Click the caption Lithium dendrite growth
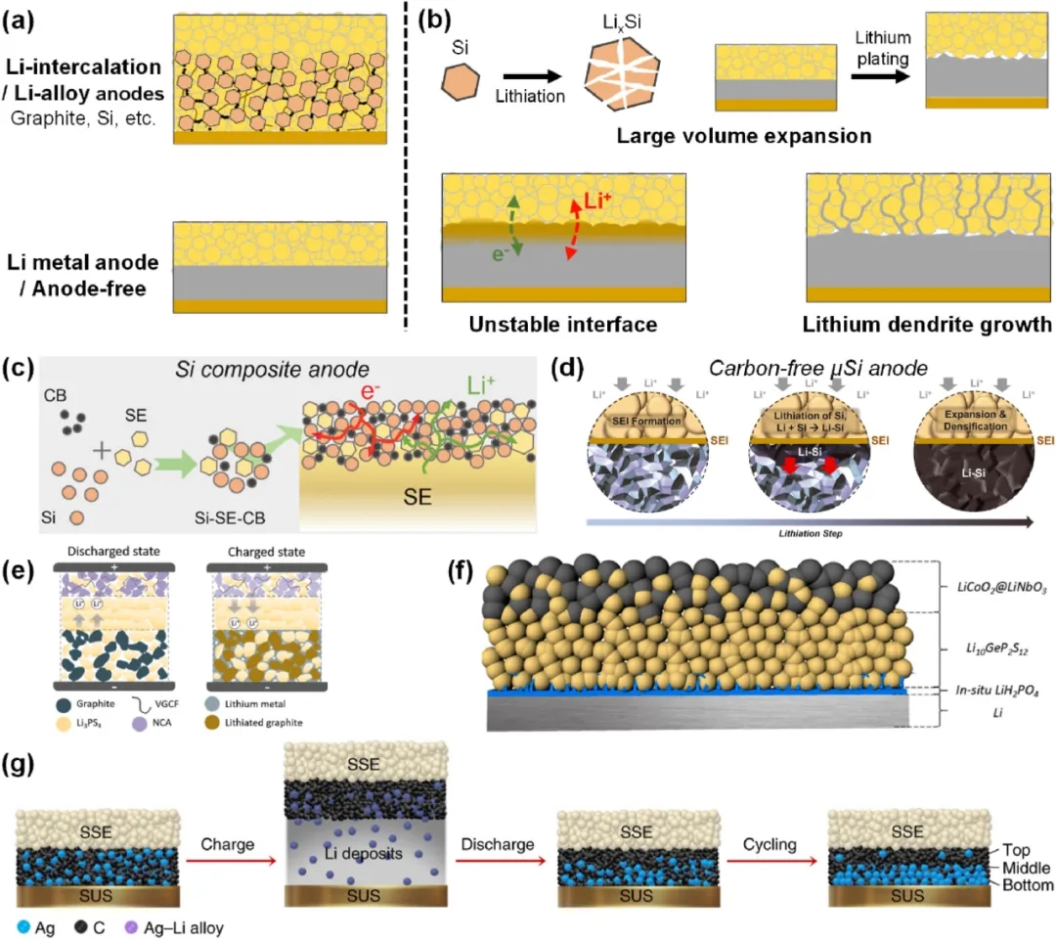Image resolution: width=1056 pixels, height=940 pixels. [928, 324]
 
